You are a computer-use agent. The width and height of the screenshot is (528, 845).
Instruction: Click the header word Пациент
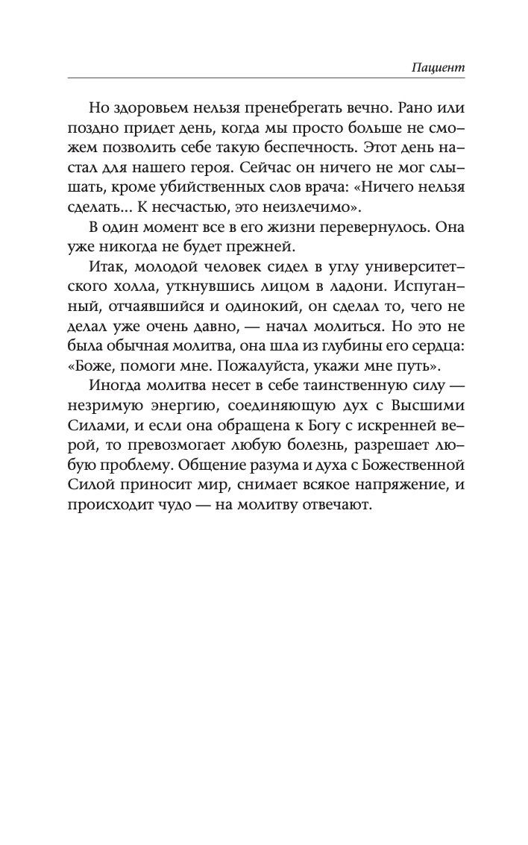[x=438, y=66]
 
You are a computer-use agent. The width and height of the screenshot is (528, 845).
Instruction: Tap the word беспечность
[x=298, y=144]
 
